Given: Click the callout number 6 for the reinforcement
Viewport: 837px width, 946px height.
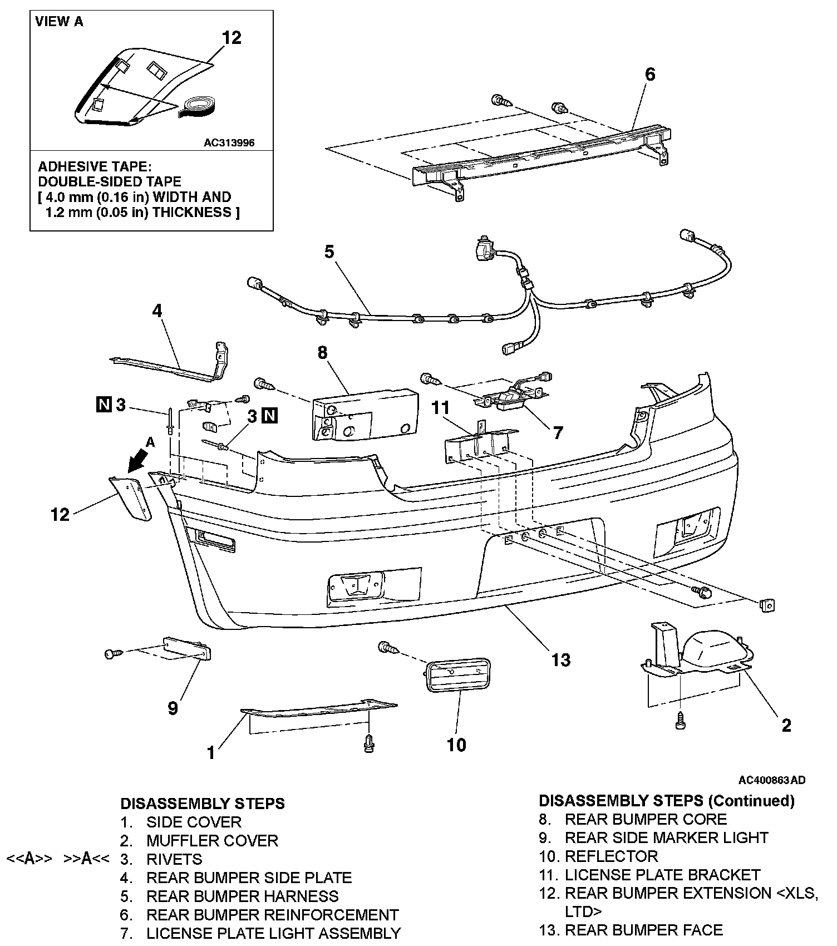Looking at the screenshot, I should coord(649,75).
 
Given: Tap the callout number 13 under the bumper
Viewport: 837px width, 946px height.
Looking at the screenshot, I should coord(561,659).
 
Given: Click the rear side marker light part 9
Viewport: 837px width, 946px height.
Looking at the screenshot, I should coord(188,649).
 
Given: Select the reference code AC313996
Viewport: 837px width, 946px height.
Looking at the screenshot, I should coord(229,143).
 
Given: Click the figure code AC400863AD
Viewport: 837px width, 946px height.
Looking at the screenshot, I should coord(772,780).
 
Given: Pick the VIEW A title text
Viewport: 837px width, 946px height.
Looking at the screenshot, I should coord(59,22).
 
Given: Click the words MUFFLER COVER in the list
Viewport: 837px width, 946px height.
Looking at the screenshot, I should coord(212,840).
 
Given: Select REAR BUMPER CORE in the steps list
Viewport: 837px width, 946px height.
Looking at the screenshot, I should coord(646,819).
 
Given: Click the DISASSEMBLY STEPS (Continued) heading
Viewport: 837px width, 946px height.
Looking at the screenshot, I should coord(667,801).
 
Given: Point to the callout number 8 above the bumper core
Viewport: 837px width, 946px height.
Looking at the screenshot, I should coord(322,353).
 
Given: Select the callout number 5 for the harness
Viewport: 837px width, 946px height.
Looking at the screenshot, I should coord(329,252).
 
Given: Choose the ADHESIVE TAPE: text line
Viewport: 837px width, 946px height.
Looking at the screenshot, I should coord(95,167).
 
